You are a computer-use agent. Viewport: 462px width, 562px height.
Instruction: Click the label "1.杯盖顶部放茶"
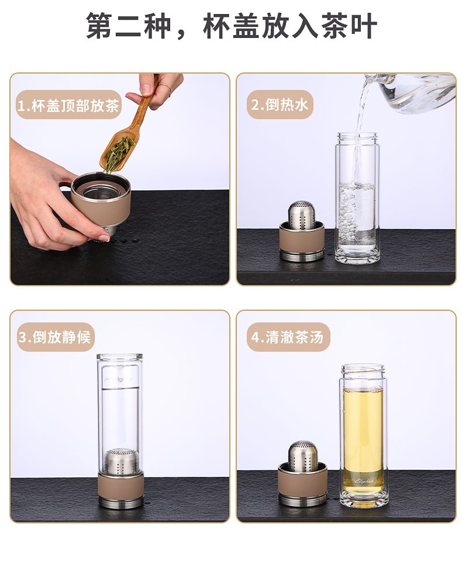(x=68, y=106)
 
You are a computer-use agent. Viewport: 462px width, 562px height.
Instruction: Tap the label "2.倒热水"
(x=280, y=105)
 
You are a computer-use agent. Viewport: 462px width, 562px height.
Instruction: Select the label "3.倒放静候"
(x=55, y=337)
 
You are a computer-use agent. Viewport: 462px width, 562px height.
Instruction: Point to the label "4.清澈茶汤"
(x=287, y=337)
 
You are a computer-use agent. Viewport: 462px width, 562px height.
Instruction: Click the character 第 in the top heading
(x=100, y=26)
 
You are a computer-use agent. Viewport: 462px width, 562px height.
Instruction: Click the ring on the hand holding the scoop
(x=166, y=86)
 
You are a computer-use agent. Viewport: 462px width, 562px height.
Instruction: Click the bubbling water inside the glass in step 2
(x=357, y=211)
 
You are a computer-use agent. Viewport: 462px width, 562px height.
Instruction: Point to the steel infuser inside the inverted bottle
(x=120, y=460)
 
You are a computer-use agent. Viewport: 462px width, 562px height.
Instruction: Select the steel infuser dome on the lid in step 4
(x=302, y=454)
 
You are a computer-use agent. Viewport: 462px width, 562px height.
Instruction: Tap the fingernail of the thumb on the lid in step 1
(x=104, y=237)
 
